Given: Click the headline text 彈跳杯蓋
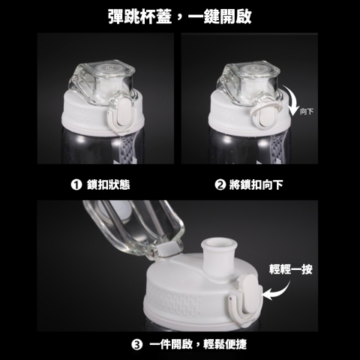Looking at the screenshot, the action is point(140,16).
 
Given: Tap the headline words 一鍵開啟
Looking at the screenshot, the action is point(220,16).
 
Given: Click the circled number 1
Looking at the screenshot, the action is point(76,184).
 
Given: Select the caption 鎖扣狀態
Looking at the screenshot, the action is point(109,184).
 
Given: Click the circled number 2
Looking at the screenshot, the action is point(220,184).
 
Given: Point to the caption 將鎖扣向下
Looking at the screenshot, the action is point(256,184).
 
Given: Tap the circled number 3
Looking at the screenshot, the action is point(137,344).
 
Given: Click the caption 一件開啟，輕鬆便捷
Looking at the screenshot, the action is point(198,344).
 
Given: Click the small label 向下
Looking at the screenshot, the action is point(307,111).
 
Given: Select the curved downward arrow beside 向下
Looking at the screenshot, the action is point(293,100).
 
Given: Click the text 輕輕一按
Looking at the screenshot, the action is point(291,269).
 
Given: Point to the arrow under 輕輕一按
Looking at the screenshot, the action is point(280,292).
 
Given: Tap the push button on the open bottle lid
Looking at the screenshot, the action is point(250,295).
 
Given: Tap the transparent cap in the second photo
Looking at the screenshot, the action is point(247,82).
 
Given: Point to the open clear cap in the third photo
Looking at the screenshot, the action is point(133,225).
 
